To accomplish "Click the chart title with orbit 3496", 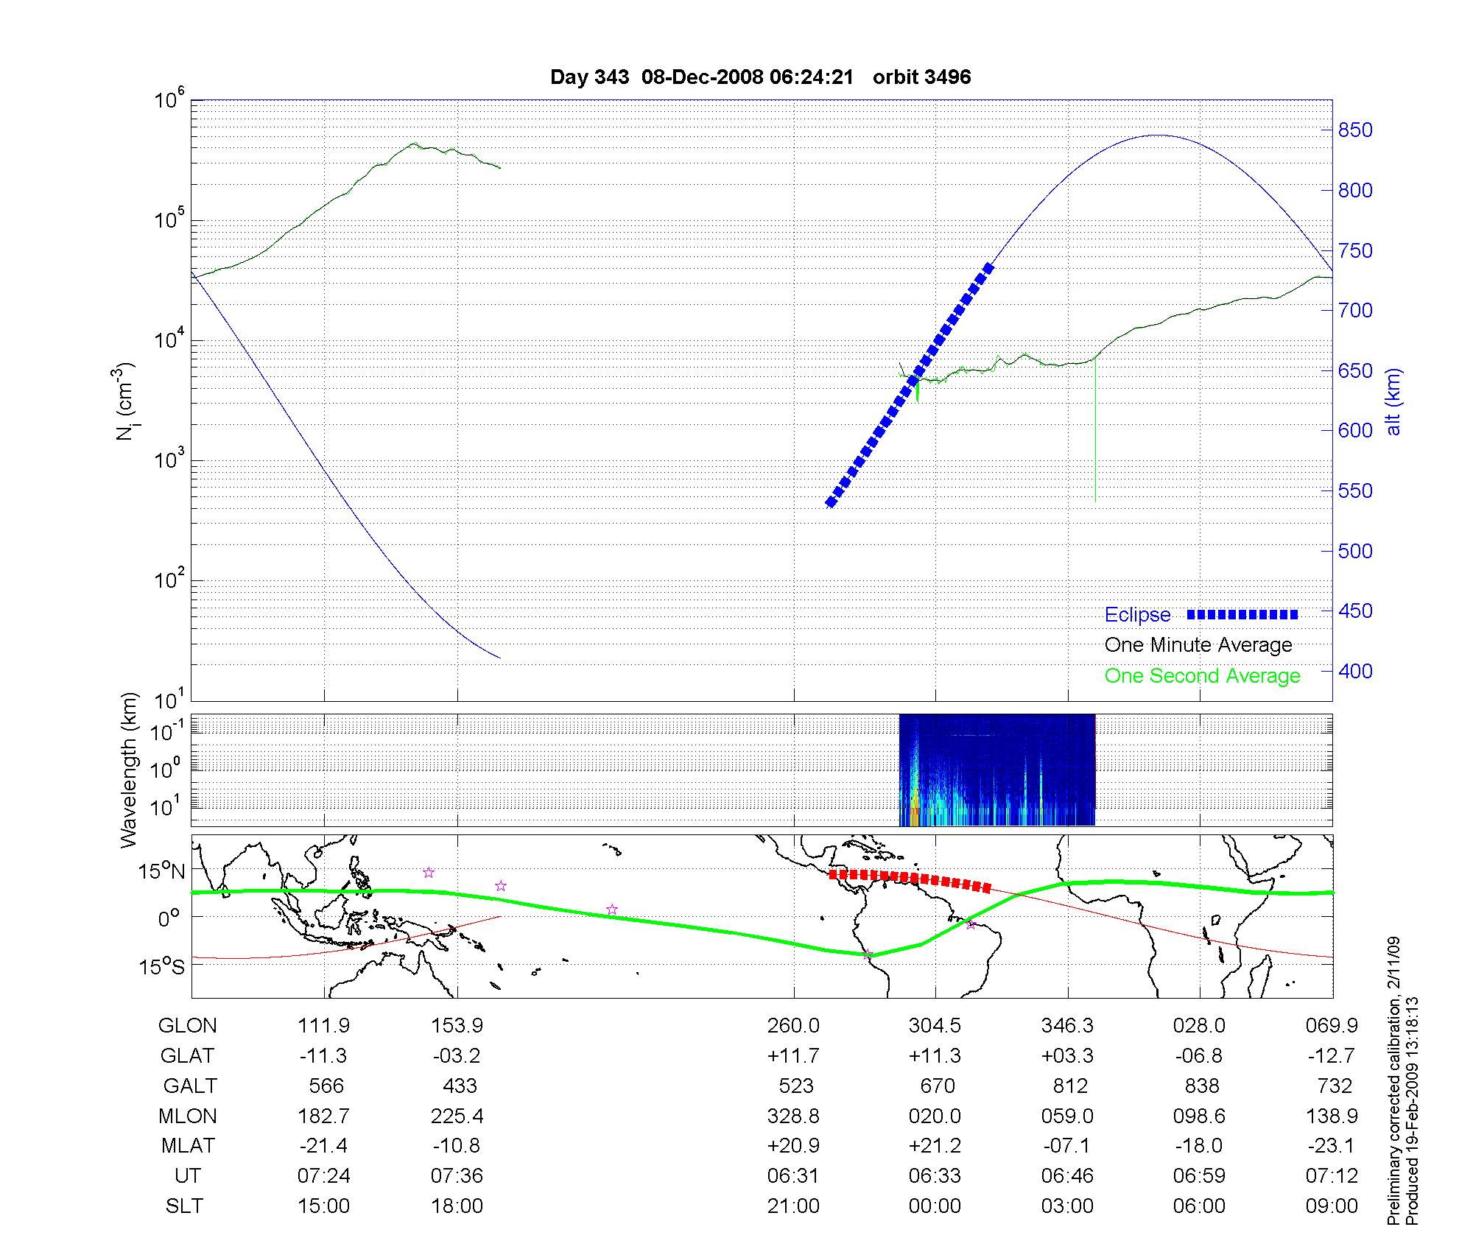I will (x=760, y=77).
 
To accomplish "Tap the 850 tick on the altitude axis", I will (x=1355, y=130).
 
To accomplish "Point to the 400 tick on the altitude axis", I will (x=1355, y=671).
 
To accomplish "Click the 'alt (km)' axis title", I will (x=1393, y=401).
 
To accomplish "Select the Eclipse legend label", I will (x=1137, y=615).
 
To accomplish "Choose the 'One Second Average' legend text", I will (x=1202, y=676).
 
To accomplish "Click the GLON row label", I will (x=188, y=1026).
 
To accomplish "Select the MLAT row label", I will (x=188, y=1146).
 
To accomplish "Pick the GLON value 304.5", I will (x=935, y=1026).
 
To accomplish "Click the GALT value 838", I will (x=1199, y=1086).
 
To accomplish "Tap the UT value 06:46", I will (x=1067, y=1176).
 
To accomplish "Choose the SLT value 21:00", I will (x=793, y=1206).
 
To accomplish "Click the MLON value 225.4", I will (x=457, y=1116).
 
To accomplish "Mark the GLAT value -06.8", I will (x=1199, y=1056).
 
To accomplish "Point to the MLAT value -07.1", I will (x=1067, y=1146).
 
